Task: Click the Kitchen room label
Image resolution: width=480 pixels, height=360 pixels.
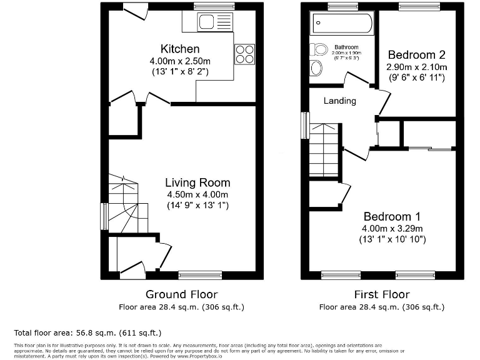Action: click(180, 49)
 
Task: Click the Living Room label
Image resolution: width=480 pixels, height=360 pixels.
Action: click(197, 182)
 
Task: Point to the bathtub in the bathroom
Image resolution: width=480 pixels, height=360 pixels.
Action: click(342, 24)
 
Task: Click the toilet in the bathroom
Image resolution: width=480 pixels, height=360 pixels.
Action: click(320, 49)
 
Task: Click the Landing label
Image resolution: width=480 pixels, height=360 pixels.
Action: click(339, 101)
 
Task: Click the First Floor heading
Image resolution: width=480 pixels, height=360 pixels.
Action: click(382, 294)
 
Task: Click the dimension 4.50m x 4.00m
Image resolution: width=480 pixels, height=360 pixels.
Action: click(197, 194)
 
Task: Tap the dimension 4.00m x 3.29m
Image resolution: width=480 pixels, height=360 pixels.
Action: click(391, 228)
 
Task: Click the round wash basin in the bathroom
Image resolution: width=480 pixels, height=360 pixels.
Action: click(316, 67)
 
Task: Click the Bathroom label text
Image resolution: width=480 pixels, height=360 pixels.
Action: click(346, 47)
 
